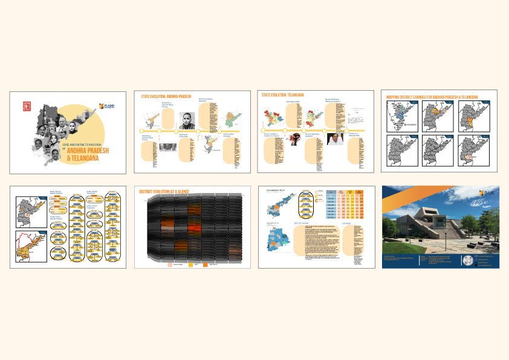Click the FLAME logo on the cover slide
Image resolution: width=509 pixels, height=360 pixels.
(x=108, y=106)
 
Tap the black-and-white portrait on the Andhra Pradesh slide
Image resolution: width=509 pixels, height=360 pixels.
(x=189, y=120)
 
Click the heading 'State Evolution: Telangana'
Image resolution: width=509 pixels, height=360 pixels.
(x=282, y=95)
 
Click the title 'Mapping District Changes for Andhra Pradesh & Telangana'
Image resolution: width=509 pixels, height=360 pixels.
(x=432, y=97)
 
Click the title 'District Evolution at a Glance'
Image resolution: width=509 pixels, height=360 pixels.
(x=164, y=192)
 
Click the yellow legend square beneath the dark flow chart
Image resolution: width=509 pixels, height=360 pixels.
(x=192, y=264)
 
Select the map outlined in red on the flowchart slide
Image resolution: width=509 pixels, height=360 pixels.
(x=31, y=247)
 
